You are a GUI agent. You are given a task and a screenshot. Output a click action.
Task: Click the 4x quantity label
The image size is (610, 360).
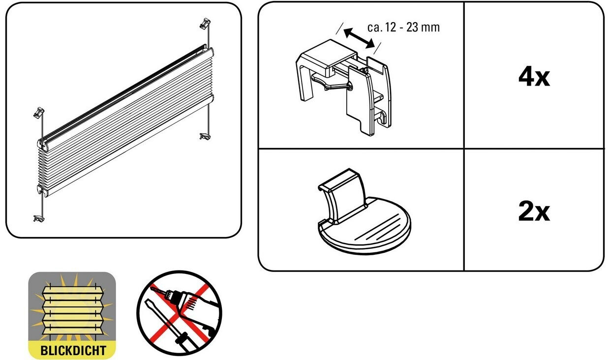point(534,77)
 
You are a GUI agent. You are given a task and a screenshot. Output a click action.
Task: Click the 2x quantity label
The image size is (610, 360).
point(534,211)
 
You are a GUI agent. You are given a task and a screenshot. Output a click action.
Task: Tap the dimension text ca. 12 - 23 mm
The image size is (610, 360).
point(403,28)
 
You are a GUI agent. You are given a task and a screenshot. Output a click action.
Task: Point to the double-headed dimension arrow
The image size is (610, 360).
point(359,38)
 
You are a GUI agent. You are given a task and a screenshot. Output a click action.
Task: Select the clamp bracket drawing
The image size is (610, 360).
point(344,87)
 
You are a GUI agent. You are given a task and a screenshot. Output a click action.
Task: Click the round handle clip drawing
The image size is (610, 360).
point(364,211)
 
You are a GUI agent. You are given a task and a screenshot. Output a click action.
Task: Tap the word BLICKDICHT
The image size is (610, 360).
point(73,351)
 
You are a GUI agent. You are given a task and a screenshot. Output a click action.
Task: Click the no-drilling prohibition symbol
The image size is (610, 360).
point(179,313)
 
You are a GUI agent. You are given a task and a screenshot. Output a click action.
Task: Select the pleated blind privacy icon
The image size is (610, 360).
point(72,315)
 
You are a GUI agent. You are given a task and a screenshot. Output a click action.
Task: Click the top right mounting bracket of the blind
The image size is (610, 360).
point(206,23)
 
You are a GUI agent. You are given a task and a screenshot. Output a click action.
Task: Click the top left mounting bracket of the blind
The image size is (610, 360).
point(39,113)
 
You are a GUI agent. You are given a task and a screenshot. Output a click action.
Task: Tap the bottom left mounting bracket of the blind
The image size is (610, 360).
point(39,218)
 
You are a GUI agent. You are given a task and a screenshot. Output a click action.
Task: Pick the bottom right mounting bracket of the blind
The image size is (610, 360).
point(206,136)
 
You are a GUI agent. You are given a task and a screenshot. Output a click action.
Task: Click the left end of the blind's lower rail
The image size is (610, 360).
point(43,190)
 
